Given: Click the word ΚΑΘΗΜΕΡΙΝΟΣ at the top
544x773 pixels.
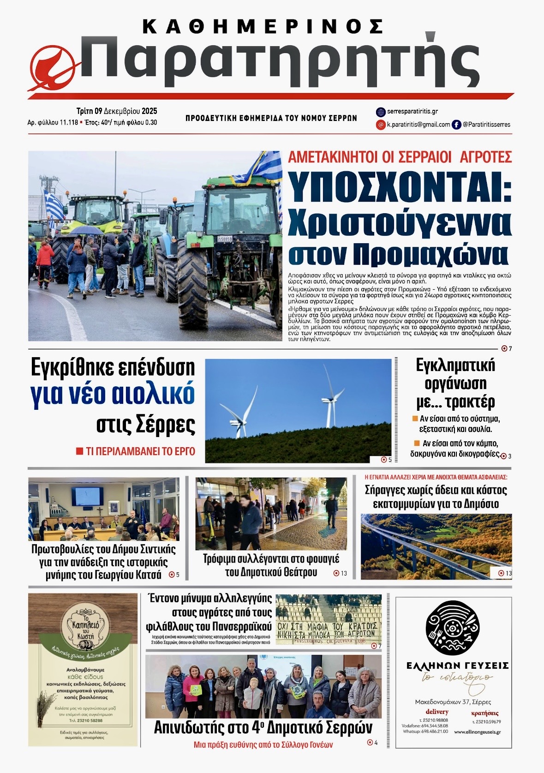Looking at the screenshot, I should click(263, 27).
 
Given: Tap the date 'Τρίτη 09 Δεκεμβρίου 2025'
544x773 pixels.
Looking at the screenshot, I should click(117, 111).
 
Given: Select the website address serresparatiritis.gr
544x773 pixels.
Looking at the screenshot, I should click(412, 112).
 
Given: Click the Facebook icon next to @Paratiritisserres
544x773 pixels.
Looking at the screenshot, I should click(456, 125).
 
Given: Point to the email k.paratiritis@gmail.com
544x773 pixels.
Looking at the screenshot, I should click(418, 125).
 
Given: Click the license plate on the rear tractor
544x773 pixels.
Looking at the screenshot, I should click(225, 239).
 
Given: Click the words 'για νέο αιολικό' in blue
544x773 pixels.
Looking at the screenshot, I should click(113, 395).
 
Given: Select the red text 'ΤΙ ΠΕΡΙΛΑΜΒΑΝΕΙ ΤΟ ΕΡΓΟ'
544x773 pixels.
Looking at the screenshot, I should click(140, 451).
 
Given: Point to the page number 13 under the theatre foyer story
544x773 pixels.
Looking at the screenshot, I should click(343, 573).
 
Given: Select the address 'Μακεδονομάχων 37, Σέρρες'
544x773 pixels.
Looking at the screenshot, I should click(454, 702).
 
